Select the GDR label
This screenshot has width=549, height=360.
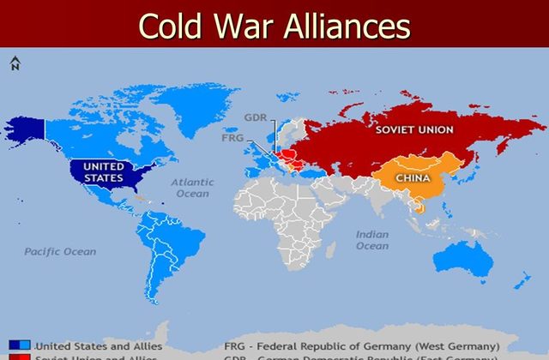click(x=254, y=117)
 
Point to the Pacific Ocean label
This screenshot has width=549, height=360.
click(x=60, y=252)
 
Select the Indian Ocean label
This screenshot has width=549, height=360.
click(x=372, y=240)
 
